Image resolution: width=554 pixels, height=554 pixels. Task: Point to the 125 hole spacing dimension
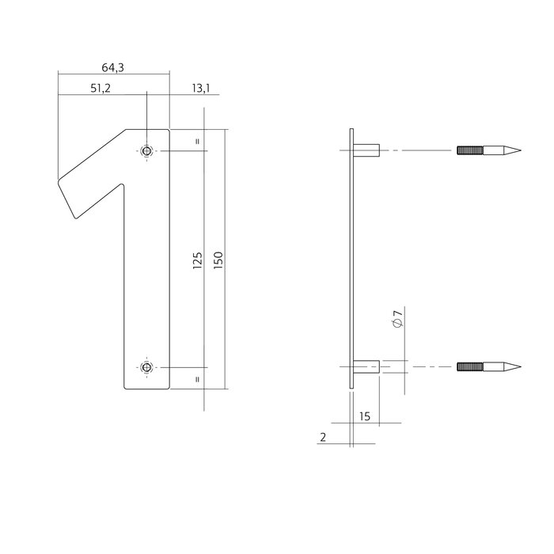click(x=198, y=260)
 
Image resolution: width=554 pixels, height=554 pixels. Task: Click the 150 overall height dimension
click(x=218, y=260)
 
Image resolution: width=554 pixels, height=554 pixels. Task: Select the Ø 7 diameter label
click(x=397, y=321)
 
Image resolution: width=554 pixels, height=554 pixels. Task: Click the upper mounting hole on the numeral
click(x=146, y=150)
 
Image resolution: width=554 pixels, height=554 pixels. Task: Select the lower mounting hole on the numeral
click(x=146, y=367)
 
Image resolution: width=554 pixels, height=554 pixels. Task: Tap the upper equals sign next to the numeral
click(x=197, y=142)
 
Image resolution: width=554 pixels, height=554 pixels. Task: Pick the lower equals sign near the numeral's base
click(x=197, y=379)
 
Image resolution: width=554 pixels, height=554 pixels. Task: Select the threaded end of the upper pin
click(x=468, y=150)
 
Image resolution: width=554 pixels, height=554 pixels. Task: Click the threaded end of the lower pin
click(x=468, y=367)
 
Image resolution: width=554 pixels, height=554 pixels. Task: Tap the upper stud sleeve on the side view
click(x=368, y=150)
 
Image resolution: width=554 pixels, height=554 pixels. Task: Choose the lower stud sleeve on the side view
click(x=368, y=367)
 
